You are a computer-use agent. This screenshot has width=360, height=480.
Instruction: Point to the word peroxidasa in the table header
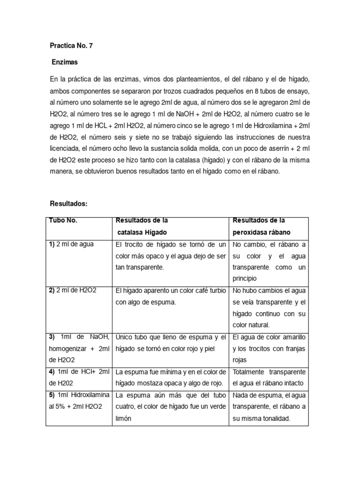tap(251, 232)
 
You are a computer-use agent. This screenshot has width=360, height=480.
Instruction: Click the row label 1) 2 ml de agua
tap(71, 245)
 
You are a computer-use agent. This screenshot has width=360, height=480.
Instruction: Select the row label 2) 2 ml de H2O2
tap(73, 291)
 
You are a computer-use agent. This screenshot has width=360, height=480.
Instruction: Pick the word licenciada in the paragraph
tap(66, 149)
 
